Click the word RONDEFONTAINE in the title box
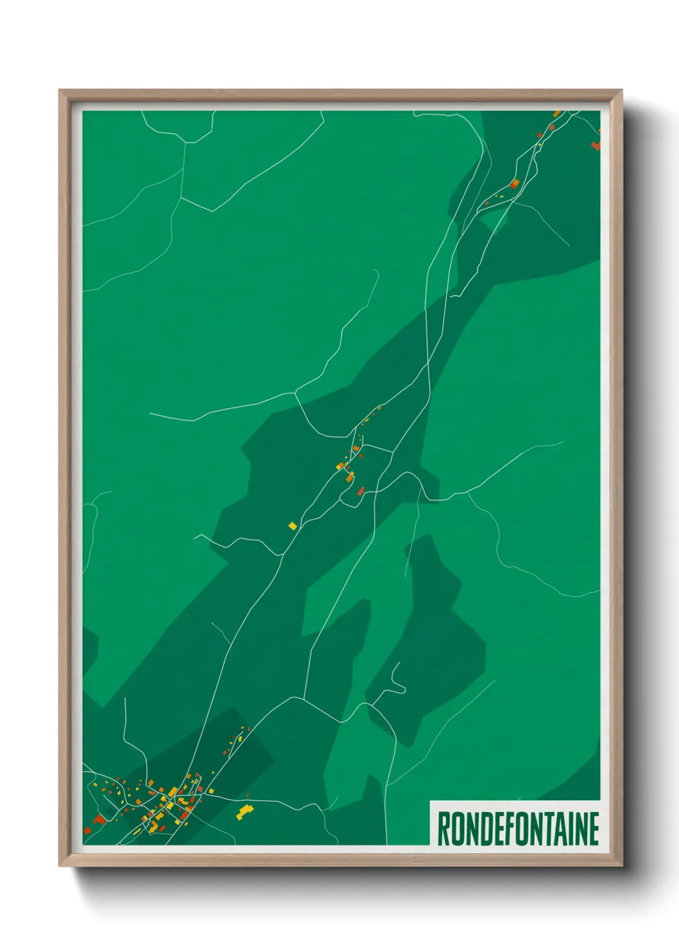tap(518, 829)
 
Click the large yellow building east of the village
tap(244, 812)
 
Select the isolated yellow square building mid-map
tap(293, 526)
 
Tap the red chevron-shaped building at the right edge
tap(596, 145)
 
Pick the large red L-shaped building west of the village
tap(98, 820)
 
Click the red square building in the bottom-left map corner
tap(87, 831)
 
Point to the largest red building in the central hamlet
tap(361, 491)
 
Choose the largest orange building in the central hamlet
tap(350, 477)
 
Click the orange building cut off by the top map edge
tap(557, 114)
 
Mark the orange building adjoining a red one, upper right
tap(515, 184)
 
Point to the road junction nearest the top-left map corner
tap(185, 142)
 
